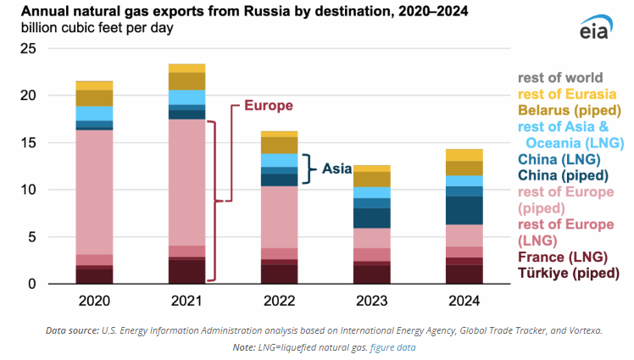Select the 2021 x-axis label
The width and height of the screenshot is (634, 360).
(x=186, y=301)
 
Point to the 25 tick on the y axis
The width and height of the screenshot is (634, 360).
(x=28, y=49)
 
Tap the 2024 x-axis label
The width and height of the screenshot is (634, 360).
(x=464, y=301)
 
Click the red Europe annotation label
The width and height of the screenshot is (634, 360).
(x=268, y=106)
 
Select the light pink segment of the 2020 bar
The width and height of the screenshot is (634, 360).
(x=94, y=191)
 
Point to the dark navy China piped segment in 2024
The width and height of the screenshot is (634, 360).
(x=464, y=210)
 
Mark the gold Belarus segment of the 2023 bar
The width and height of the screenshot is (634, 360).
(x=371, y=179)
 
